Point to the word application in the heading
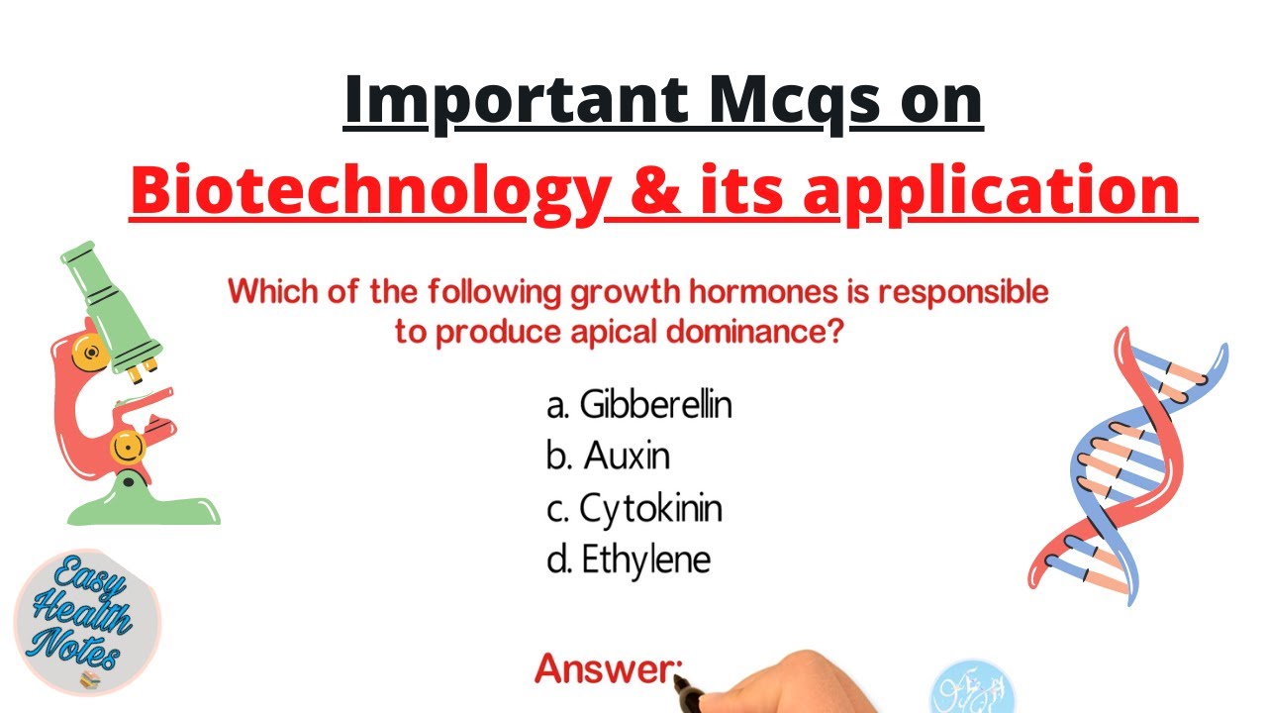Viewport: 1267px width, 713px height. [x=990, y=191]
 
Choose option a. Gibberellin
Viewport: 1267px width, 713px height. [x=638, y=404]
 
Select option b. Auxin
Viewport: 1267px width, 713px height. [x=608, y=456]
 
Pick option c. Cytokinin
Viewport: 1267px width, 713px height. [x=633, y=509]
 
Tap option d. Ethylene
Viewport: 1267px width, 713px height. [x=629, y=560]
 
